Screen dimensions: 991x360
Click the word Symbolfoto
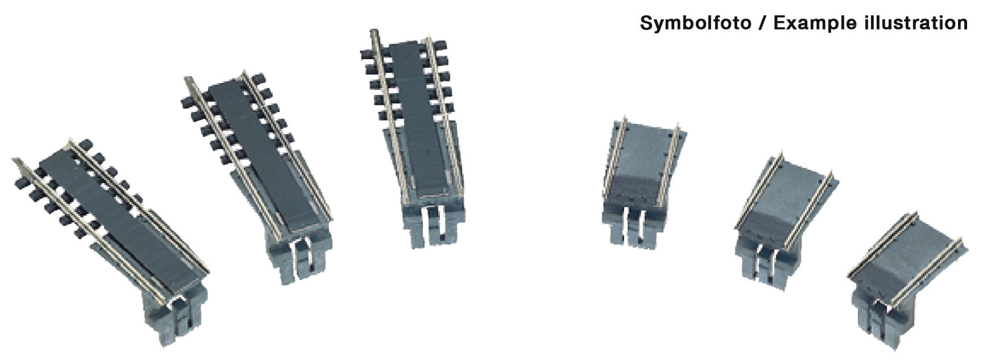coord(695,23)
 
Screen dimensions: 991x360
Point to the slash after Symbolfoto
coord(763,23)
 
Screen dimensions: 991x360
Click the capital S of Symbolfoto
coord(646,23)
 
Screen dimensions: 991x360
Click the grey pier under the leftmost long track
coord(176,315)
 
